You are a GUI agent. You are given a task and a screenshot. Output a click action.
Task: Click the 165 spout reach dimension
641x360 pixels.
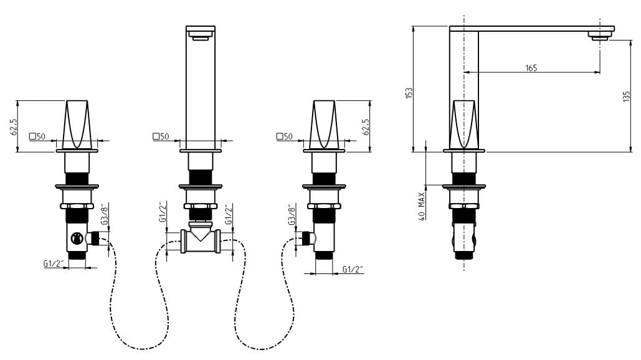point(531,68)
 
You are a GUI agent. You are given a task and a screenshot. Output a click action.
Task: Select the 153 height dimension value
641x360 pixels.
point(409,93)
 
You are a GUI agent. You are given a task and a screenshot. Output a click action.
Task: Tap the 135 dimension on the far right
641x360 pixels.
point(626,97)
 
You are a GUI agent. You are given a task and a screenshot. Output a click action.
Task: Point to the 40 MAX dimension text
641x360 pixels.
point(422,206)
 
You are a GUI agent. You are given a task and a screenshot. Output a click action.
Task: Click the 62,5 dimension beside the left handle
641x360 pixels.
point(14,127)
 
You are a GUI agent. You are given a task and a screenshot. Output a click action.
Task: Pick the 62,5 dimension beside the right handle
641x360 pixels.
point(366,127)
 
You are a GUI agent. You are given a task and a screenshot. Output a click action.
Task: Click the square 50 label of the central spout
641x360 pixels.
point(161,136)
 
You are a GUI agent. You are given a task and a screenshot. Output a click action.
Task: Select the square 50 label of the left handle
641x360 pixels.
point(37,136)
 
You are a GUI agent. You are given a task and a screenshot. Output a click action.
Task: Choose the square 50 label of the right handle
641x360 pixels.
point(285,136)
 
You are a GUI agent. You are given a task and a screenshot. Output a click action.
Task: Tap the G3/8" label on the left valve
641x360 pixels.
point(105,214)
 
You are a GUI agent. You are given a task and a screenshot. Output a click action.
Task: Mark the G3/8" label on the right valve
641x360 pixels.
point(292,214)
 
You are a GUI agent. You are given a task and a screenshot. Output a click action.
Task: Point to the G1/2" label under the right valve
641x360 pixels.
point(353,269)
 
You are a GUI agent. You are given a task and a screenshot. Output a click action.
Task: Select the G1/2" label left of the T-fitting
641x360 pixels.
point(163,212)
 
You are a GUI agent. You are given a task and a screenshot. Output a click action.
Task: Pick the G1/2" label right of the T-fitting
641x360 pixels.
point(229,214)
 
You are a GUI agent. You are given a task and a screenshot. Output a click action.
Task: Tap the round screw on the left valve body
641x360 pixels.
point(76,238)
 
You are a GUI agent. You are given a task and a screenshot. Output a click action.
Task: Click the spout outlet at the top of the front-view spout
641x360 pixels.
point(201,37)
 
